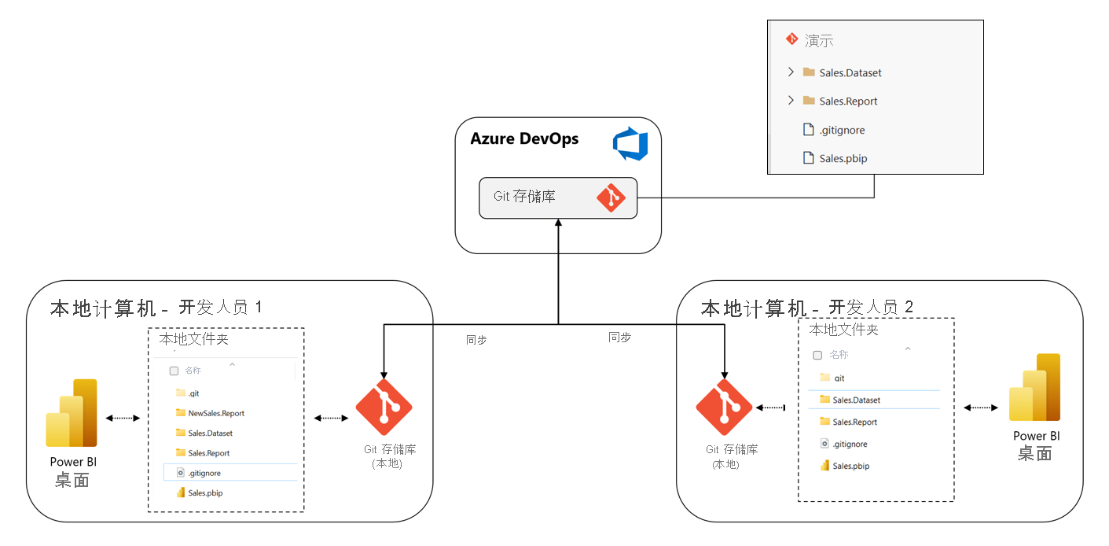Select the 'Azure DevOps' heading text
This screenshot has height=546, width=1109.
pyautogui.click(x=524, y=139)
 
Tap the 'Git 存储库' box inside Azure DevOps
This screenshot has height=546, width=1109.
pyautogui.click(x=557, y=197)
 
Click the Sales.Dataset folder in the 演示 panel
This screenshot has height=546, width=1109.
pyautogui.click(x=850, y=72)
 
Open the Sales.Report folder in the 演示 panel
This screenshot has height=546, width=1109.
pyautogui.click(x=847, y=101)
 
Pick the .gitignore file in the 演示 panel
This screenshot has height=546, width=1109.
pyautogui.click(x=841, y=130)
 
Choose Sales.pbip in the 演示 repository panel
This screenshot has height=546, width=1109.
pyautogui.click(x=843, y=158)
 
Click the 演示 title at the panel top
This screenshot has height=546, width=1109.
pyautogui.click(x=818, y=41)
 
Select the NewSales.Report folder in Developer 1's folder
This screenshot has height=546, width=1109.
pyautogui.click(x=215, y=413)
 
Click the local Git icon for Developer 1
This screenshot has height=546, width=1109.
pyautogui.click(x=384, y=407)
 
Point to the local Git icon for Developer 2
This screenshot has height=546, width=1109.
pyautogui.click(x=724, y=408)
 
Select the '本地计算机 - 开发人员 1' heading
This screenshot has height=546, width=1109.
pyautogui.click(x=156, y=308)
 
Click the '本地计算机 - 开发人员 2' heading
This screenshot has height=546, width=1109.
pyautogui.click(x=806, y=308)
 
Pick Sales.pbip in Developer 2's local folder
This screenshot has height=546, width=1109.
pyautogui.click(x=850, y=466)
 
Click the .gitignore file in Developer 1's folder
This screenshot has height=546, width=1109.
pyautogui.click(x=204, y=473)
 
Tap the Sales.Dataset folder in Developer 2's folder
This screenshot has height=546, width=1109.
pyautogui.click(x=855, y=400)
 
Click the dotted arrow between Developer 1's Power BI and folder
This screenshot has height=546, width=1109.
pyautogui.click(x=123, y=418)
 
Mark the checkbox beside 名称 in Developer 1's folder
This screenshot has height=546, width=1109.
pyautogui.click(x=174, y=371)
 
